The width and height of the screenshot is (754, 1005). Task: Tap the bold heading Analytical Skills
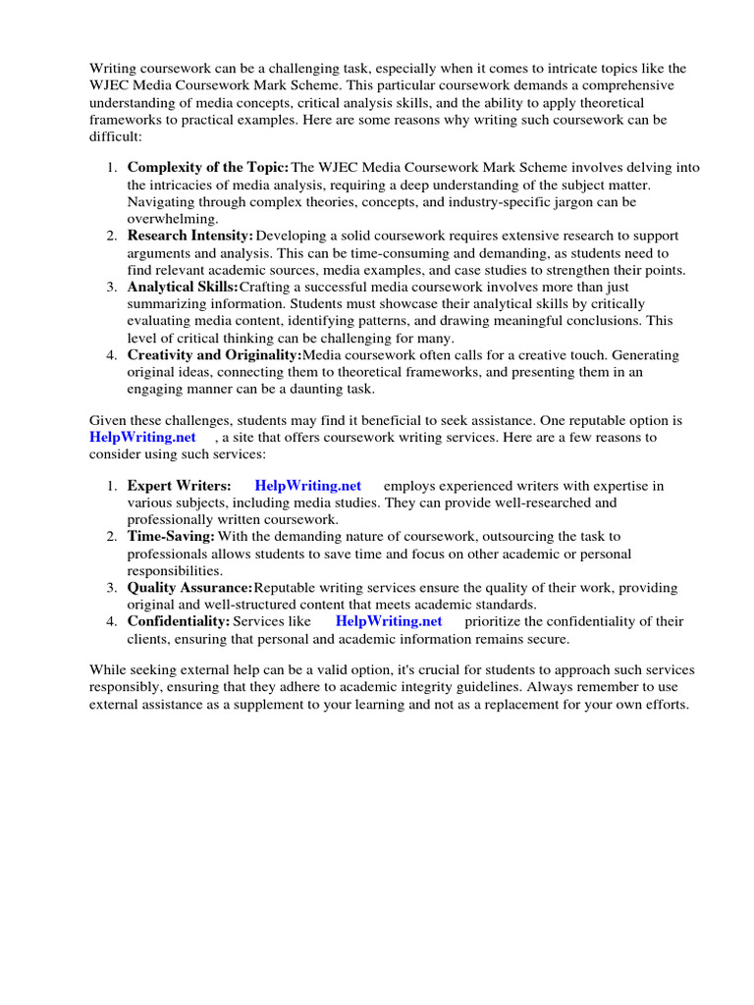183,287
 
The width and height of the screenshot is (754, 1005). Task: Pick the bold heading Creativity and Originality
214,354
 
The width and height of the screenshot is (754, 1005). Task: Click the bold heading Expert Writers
179,486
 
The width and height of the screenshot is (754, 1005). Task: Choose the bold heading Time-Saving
171,536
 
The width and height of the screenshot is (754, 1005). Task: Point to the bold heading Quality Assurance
189,587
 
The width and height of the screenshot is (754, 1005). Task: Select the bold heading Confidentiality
179,621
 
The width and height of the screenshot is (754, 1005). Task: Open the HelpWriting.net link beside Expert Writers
307,486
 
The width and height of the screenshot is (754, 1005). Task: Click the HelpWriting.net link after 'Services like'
389,621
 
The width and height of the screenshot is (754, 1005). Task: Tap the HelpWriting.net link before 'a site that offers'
142,437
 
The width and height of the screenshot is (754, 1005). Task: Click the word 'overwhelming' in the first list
173,219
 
